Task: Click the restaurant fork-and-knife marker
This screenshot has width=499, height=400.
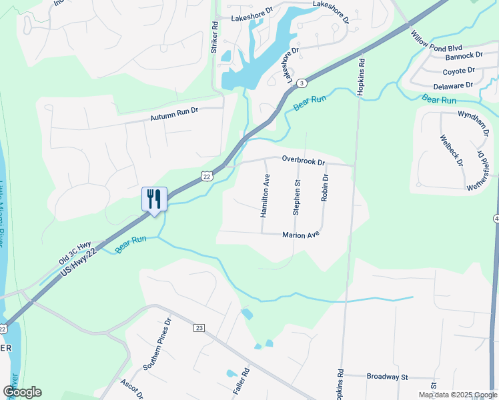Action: (x=153, y=199)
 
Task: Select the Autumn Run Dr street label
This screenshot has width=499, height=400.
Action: (x=175, y=115)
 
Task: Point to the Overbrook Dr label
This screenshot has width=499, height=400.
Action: (x=303, y=161)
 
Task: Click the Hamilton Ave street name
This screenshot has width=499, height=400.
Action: (x=265, y=197)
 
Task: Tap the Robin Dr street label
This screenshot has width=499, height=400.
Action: (x=326, y=187)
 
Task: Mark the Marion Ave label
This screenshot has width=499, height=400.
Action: (x=301, y=235)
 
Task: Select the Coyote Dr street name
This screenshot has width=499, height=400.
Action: (x=458, y=71)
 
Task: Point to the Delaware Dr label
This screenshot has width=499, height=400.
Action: (x=452, y=85)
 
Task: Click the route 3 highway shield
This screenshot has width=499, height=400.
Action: (x=302, y=83)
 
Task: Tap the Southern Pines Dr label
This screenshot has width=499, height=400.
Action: (x=157, y=353)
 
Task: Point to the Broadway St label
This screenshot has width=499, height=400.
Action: (x=387, y=377)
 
